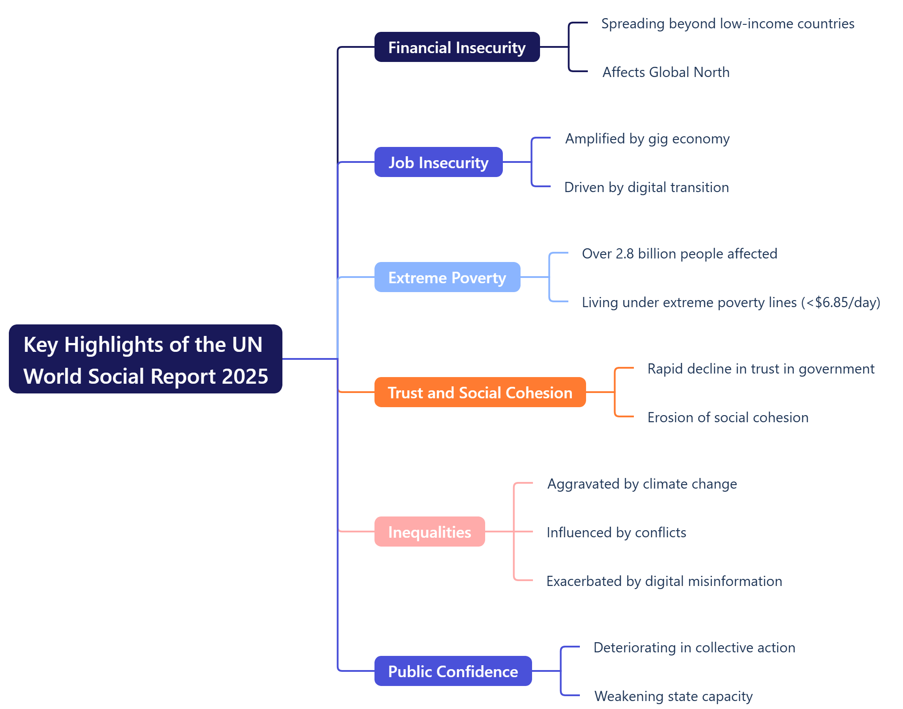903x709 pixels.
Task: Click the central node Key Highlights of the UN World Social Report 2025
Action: click(145, 359)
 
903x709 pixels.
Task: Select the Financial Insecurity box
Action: click(457, 47)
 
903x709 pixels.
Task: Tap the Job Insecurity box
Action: click(438, 162)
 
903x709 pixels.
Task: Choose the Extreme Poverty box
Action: click(447, 277)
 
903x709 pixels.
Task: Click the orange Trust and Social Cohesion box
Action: click(480, 393)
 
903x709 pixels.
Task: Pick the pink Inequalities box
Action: click(429, 532)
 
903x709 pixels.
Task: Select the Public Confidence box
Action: click(453, 671)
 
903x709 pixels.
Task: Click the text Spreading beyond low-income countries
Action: click(727, 24)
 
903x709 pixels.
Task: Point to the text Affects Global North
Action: click(666, 72)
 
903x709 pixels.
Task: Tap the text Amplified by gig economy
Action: click(647, 139)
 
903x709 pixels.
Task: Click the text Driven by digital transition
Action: click(646, 188)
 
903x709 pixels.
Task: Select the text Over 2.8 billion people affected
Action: click(679, 254)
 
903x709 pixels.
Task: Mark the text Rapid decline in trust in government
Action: click(760, 369)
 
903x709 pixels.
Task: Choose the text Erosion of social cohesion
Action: click(728, 418)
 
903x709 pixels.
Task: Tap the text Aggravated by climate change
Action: click(642, 484)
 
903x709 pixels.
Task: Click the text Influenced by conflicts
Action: click(616, 533)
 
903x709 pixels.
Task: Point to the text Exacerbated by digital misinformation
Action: click(664, 582)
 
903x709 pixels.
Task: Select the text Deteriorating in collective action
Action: click(694, 648)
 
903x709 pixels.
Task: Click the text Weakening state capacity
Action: click(673, 697)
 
